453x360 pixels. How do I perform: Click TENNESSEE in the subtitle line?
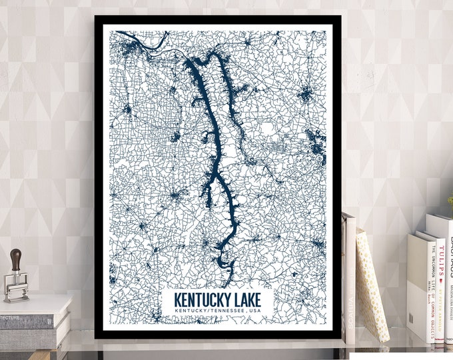tap(225, 310)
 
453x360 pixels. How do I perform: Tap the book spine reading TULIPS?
tap(440, 261)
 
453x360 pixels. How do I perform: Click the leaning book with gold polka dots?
tap(371, 283)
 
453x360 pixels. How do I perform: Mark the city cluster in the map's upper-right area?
tap(305, 94)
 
